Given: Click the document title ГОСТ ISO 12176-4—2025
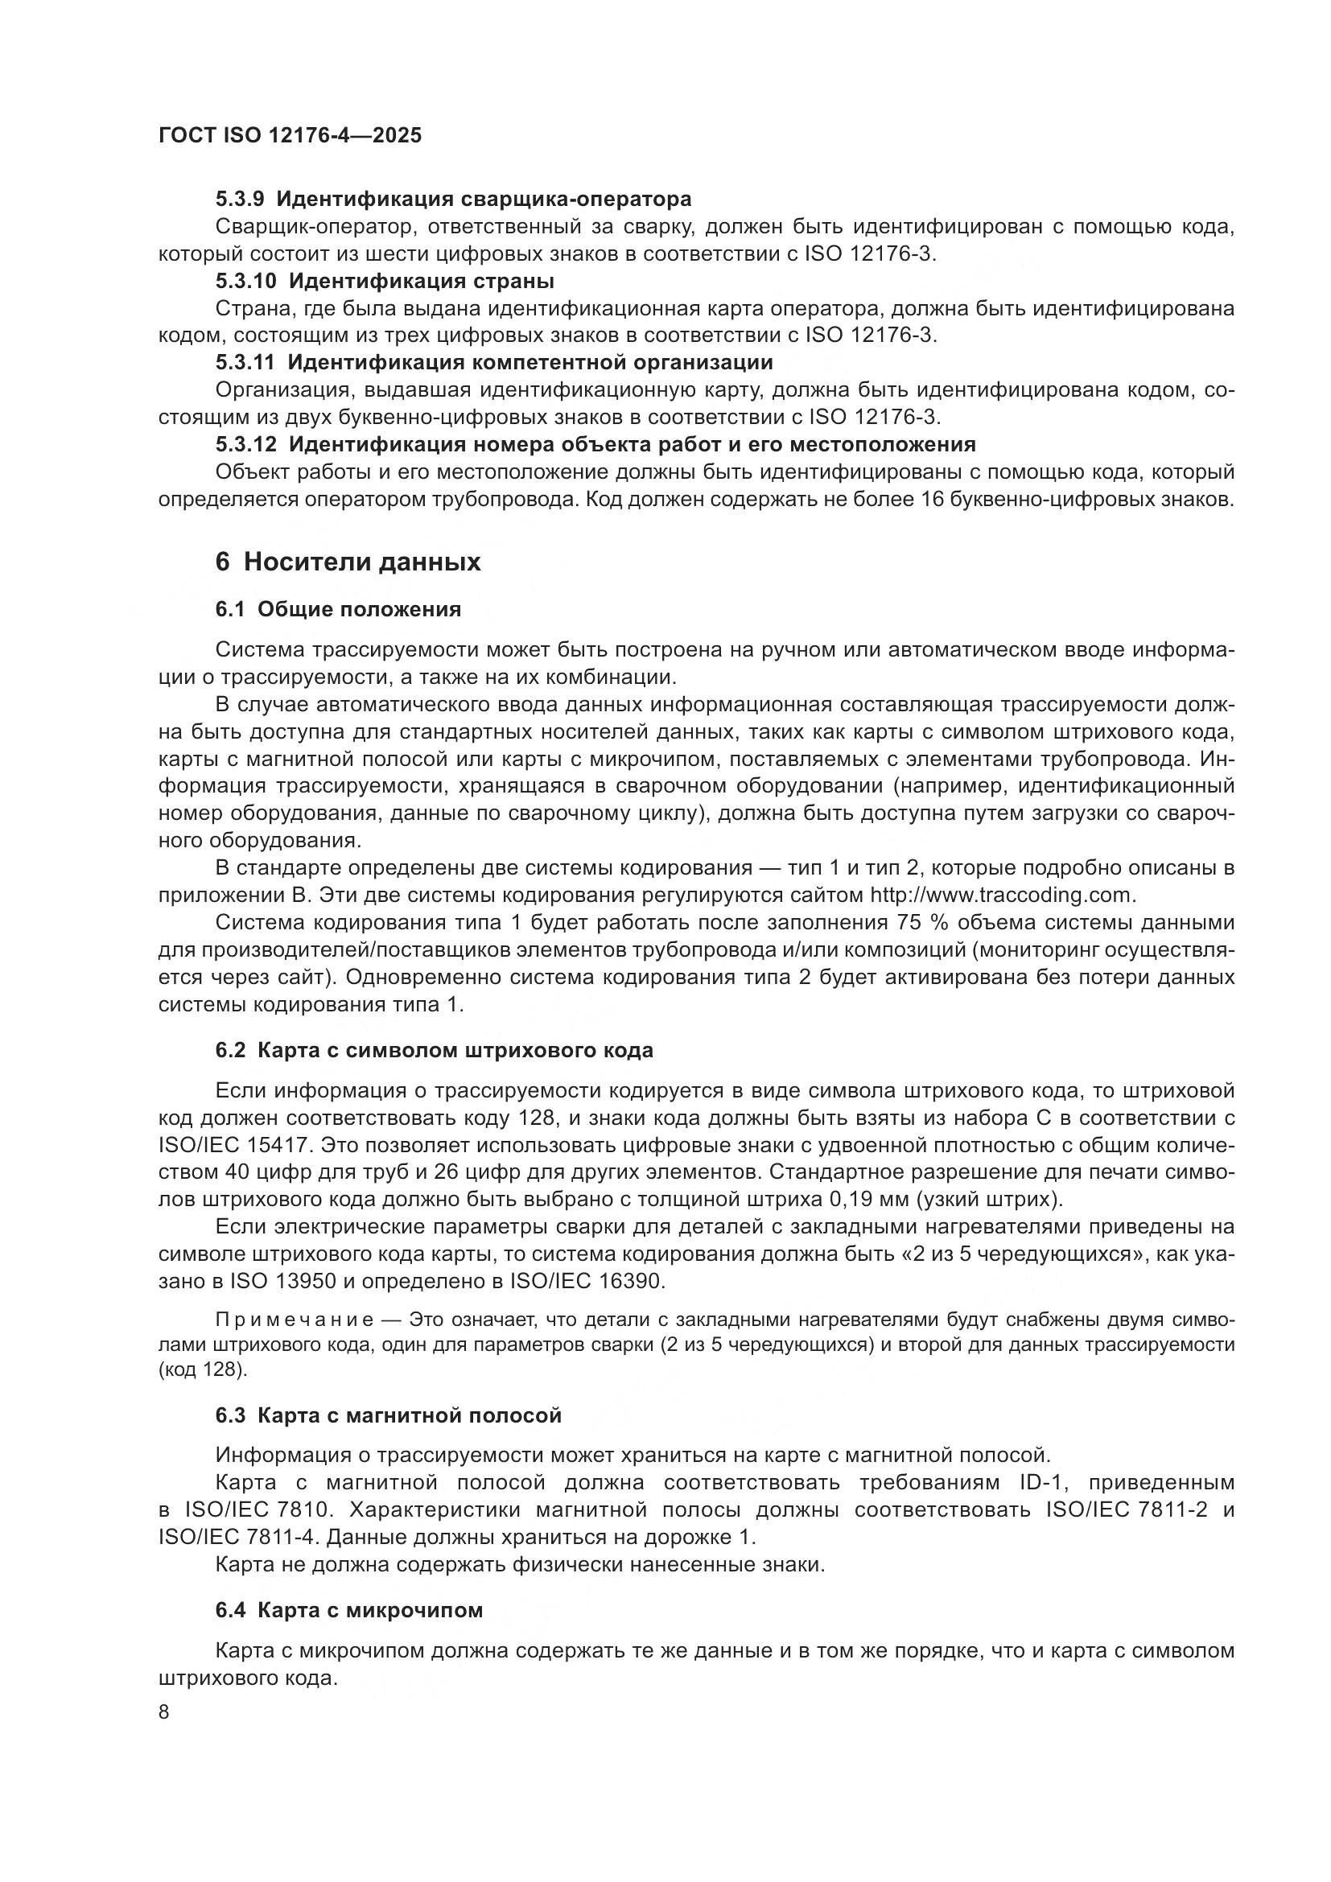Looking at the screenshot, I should tap(291, 136).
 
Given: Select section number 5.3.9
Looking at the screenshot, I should tap(239, 200).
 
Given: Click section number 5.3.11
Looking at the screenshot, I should tap(245, 362).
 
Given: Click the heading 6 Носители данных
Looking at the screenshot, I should tap(348, 562).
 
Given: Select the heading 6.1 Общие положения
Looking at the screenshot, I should tap(338, 609).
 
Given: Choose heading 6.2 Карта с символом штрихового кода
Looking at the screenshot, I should tap(435, 1051).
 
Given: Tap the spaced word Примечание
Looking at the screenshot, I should tap(295, 1320).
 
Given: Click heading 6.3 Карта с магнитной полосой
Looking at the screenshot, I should tap(389, 1415).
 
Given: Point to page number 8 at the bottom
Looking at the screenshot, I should tap(164, 1712).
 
